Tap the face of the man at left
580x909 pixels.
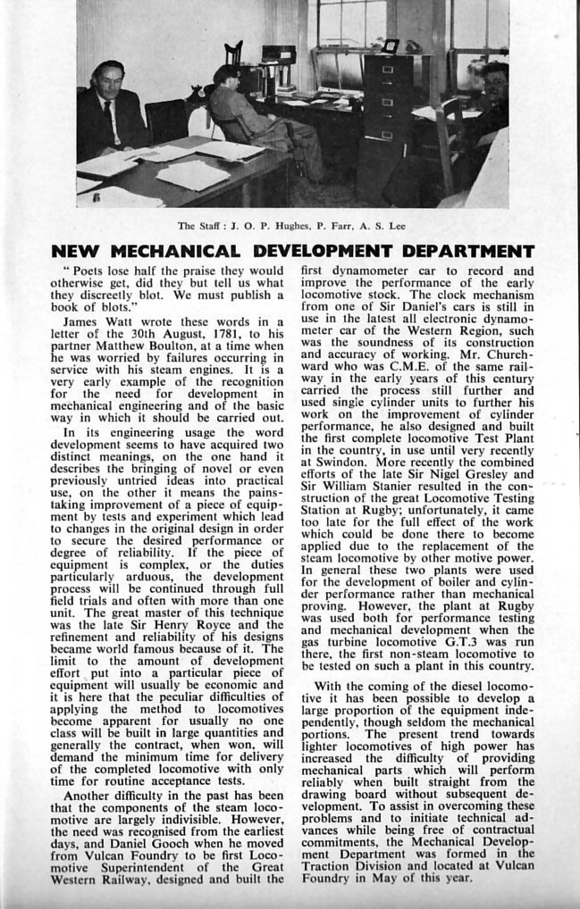107,82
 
